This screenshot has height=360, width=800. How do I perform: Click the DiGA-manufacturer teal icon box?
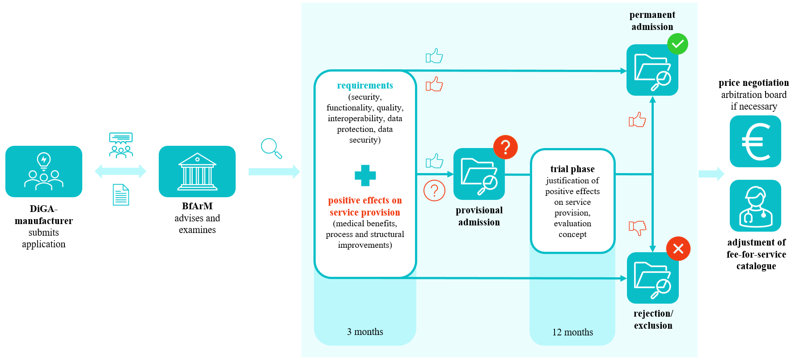[x=44, y=171]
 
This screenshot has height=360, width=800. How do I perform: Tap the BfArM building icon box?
[x=197, y=171]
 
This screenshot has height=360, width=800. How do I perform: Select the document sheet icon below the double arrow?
[x=121, y=195]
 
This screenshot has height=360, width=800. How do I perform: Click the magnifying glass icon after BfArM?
[x=271, y=148]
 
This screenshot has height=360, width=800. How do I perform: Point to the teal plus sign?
[x=365, y=175]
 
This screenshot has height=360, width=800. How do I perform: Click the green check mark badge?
[x=677, y=44]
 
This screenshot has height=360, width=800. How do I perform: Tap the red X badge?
[x=678, y=249]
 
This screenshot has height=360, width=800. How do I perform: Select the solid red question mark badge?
[x=505, y=147]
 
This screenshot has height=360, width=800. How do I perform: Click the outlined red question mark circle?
[x=434, y=191]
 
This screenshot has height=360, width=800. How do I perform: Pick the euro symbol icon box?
[x=755, y=141]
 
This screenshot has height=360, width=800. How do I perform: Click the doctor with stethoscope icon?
[x=755, y=206]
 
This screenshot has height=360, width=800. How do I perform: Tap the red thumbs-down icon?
[x=637, y=227]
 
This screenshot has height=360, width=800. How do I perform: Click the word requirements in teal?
[x=365, y=85]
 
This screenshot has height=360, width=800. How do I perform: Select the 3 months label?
[x=365, y=332]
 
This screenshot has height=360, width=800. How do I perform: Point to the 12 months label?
[x=572, y=332]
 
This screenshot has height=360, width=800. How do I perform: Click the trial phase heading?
[x=572, y=169]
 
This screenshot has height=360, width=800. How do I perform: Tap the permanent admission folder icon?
[x=652, y=70]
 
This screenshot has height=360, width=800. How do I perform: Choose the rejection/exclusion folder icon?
[x=652, y=278]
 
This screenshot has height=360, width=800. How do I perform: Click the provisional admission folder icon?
[x=479, y=174]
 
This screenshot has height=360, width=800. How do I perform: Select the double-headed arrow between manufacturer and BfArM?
[x=120, y=171]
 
